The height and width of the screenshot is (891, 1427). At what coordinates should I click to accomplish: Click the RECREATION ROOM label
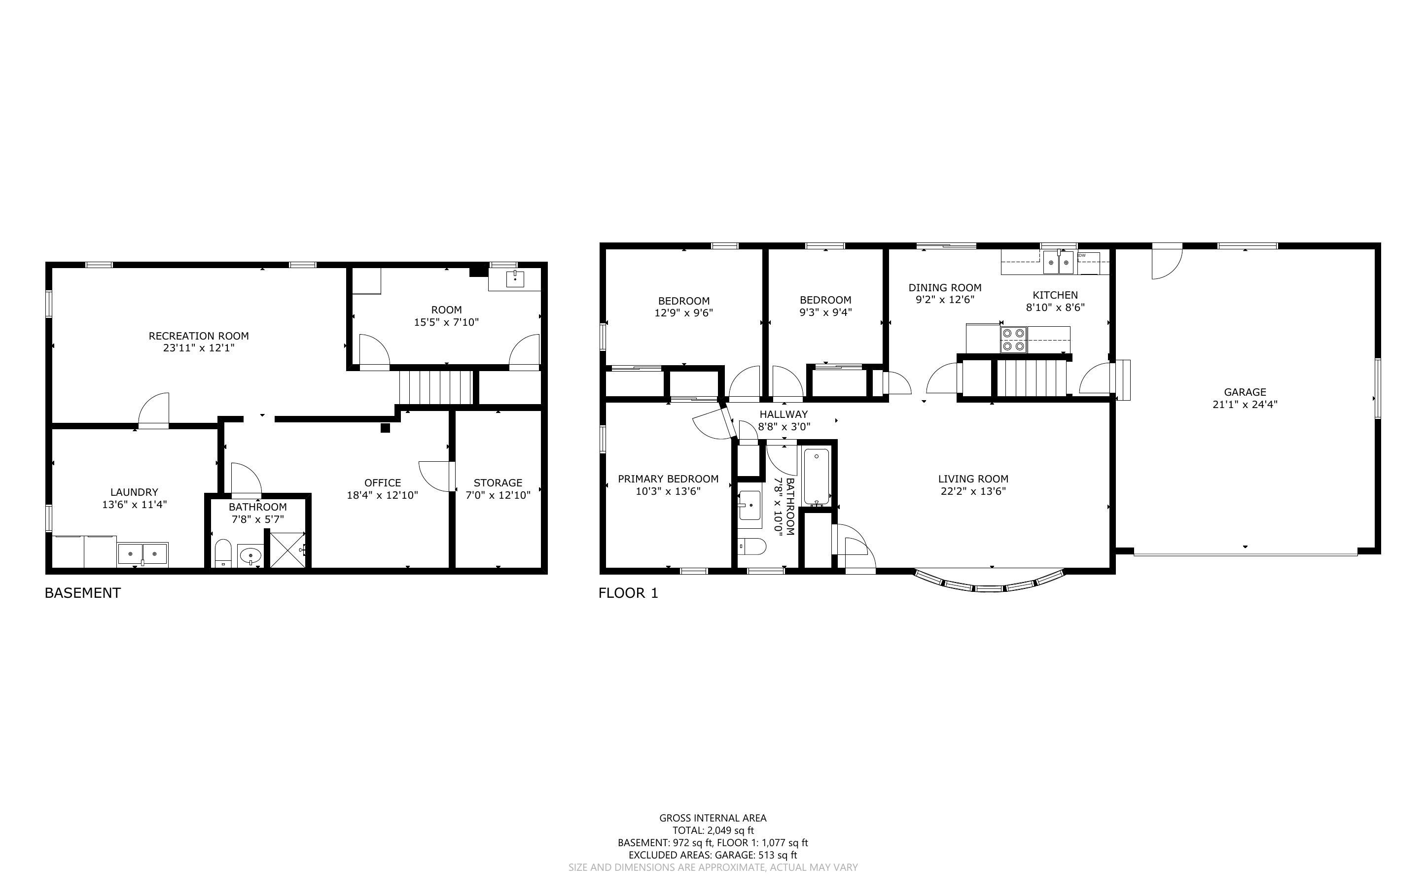click(199, 336)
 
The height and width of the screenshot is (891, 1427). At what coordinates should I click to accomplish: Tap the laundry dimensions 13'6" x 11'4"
click(135, 505)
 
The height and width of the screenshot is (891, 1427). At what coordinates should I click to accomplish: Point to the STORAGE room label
click(498, 482)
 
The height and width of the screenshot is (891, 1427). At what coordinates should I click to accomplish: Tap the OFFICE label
click(383, 482)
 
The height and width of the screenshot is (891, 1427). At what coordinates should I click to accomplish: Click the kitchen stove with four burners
click(1013, 340)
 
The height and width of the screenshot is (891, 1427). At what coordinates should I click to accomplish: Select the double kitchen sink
click(1059, 263)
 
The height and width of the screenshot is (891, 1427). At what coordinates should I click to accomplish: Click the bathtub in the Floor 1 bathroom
click(817, 477)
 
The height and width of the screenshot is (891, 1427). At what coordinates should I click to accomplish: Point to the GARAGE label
click(1245, 392)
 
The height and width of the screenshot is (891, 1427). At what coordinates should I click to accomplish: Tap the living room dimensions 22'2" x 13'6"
click(973, 491)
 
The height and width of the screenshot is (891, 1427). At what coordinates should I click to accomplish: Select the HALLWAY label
click(784, 414)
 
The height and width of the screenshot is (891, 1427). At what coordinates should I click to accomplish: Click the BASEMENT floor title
click(82, 593)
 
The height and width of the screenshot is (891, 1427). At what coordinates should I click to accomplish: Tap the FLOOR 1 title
click(628, 593)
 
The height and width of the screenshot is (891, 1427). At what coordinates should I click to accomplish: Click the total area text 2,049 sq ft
click(730, 831)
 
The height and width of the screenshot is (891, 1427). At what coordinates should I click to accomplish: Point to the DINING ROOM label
click(945, 288)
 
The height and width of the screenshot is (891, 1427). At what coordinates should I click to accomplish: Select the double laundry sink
click(143, 554)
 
